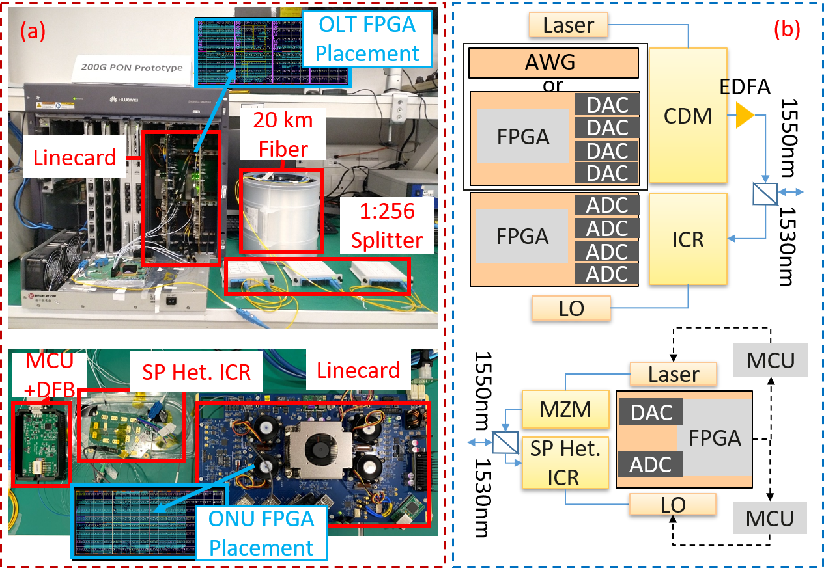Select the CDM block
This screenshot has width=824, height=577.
(688, 116)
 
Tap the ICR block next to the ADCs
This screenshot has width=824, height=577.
(688, 239)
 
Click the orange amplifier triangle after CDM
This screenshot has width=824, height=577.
(745, 115)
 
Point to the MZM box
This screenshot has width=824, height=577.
(565, 410)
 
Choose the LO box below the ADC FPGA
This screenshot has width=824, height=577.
(571, 308)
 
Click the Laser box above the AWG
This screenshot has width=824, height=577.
(568, 25)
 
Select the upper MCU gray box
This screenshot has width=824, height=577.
(771, 360)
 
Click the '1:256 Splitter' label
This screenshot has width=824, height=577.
(387, 224)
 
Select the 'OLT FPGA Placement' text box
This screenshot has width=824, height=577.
(367, 38)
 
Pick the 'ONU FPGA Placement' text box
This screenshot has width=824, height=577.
(262, 533)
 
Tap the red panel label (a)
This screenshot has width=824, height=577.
(33, 31)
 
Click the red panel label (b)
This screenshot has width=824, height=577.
(786, 29)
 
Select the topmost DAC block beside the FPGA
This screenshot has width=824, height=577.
(607, 105)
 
